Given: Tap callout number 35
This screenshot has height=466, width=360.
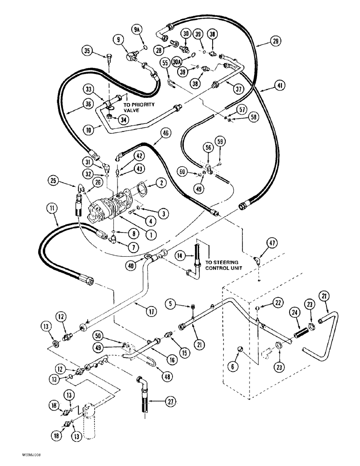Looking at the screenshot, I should point(87,50).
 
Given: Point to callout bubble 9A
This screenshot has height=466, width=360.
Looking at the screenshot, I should point(137,31).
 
